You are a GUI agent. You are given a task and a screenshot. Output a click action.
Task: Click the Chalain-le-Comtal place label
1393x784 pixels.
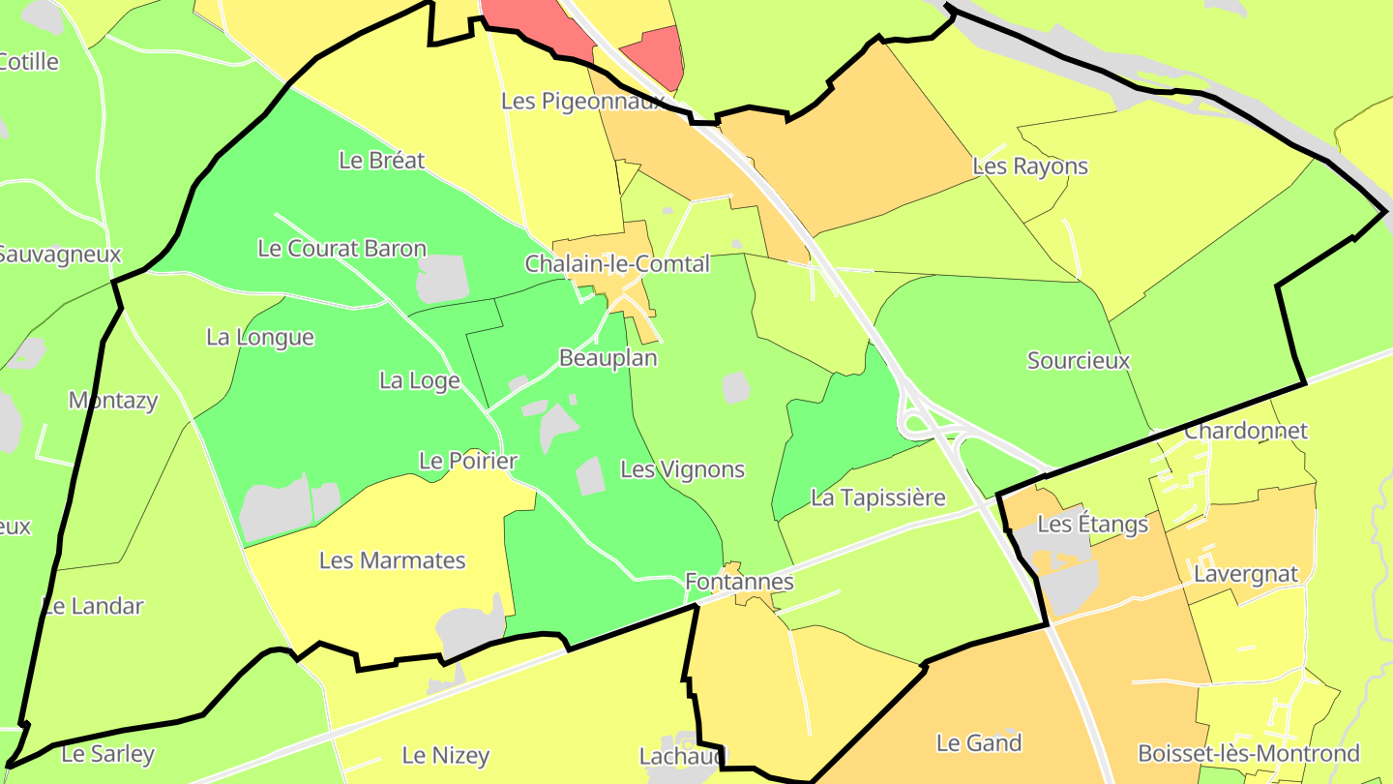617,263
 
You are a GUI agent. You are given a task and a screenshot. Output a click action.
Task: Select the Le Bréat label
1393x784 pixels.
382,161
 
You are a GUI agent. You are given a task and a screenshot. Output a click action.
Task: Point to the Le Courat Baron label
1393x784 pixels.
342,249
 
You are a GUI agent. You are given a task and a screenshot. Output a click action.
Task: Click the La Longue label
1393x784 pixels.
260,338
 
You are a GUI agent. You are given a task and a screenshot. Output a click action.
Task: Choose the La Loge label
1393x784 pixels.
420,381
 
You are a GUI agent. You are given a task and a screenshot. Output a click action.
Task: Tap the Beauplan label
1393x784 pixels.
608,358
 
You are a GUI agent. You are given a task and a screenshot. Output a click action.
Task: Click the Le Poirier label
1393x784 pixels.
468,461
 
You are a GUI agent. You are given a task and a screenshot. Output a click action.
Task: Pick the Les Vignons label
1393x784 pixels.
683,470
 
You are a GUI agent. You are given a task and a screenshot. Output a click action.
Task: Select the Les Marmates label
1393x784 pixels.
393,560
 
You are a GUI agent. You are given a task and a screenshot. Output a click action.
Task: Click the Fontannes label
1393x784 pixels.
739,582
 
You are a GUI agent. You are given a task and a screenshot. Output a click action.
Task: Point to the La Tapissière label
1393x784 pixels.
878,498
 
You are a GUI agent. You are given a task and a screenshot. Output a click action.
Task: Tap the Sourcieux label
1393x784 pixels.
1079,361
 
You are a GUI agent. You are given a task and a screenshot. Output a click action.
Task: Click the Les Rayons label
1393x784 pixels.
1030,166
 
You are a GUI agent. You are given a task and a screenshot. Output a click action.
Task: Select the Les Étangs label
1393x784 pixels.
1092,525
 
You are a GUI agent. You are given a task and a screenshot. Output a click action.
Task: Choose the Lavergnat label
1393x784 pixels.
1246,574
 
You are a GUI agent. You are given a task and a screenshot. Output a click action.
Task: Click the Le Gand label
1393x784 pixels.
979,743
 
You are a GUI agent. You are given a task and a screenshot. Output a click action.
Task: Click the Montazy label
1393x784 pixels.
113,401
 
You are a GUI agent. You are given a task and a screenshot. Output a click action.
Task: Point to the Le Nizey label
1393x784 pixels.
446,756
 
